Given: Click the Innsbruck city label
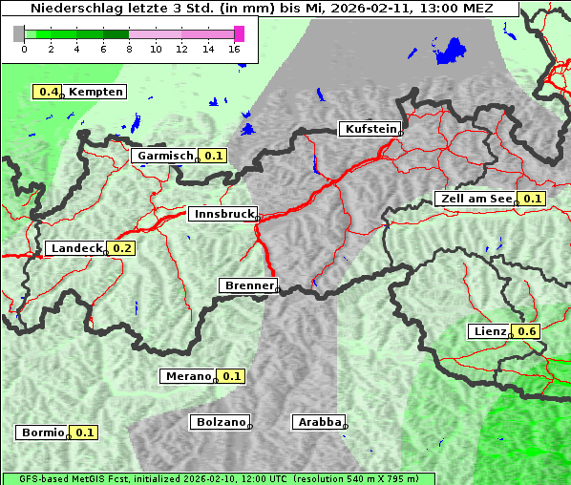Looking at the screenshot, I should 222,215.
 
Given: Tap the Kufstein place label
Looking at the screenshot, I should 369,129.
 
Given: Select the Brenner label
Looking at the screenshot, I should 248,285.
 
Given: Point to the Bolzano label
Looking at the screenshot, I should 220,422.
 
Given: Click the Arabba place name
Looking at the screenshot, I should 318,422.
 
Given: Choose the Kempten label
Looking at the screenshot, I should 95,92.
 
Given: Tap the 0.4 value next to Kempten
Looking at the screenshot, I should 48,92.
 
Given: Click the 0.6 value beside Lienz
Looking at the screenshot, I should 528,331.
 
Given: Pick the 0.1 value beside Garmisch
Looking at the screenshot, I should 213,156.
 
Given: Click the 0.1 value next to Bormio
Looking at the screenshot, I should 85,432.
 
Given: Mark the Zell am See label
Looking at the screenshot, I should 475,199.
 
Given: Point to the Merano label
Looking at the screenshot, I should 186,376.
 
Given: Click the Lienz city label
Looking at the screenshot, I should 489,331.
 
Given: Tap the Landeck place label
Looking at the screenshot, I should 75,248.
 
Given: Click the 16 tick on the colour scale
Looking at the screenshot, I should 235,49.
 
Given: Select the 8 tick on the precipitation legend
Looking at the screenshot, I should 129,49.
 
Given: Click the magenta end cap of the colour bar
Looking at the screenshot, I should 239,33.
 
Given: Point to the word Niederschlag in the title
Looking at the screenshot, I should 72,9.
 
